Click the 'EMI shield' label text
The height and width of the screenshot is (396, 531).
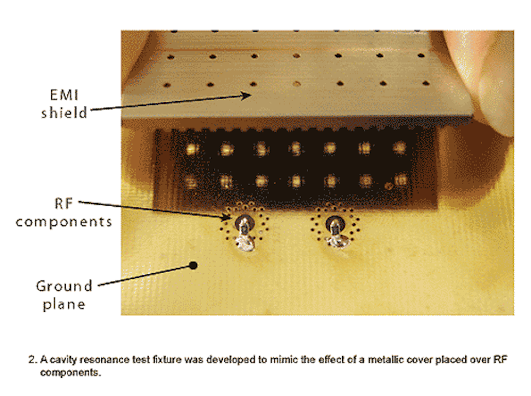[64, 104]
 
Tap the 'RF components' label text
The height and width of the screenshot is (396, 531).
[64, 213]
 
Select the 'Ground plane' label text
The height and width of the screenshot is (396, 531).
[64, 295]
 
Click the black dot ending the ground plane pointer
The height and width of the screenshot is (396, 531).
[193, 265]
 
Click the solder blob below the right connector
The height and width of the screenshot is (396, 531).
[336, 242]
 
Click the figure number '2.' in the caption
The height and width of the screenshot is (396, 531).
[33, 360]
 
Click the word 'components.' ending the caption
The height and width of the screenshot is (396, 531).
[70, 372]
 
